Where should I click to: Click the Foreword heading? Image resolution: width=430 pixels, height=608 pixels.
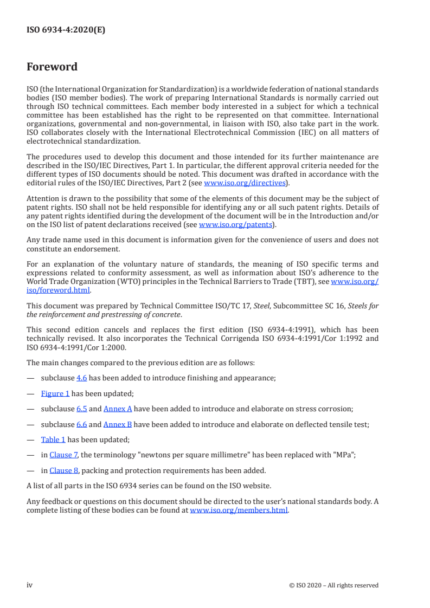(x=52, y=67)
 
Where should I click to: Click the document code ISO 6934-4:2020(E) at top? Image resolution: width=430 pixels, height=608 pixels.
(x=66, y=30)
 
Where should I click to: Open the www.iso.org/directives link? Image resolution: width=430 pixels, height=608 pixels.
(x=245, y=183)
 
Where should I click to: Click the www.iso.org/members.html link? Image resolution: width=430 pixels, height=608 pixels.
(x=239, y=510)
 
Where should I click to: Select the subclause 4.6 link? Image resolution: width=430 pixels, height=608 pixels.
(x=82, y=378)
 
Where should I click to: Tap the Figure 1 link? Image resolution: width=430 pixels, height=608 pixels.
(x=55, y=393)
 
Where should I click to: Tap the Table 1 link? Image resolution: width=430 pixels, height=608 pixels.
(x=53, y=439)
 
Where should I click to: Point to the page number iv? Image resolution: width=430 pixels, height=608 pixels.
(x=30, y=585)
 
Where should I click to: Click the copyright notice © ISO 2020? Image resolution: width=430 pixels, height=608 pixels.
(x=334, y=585)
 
